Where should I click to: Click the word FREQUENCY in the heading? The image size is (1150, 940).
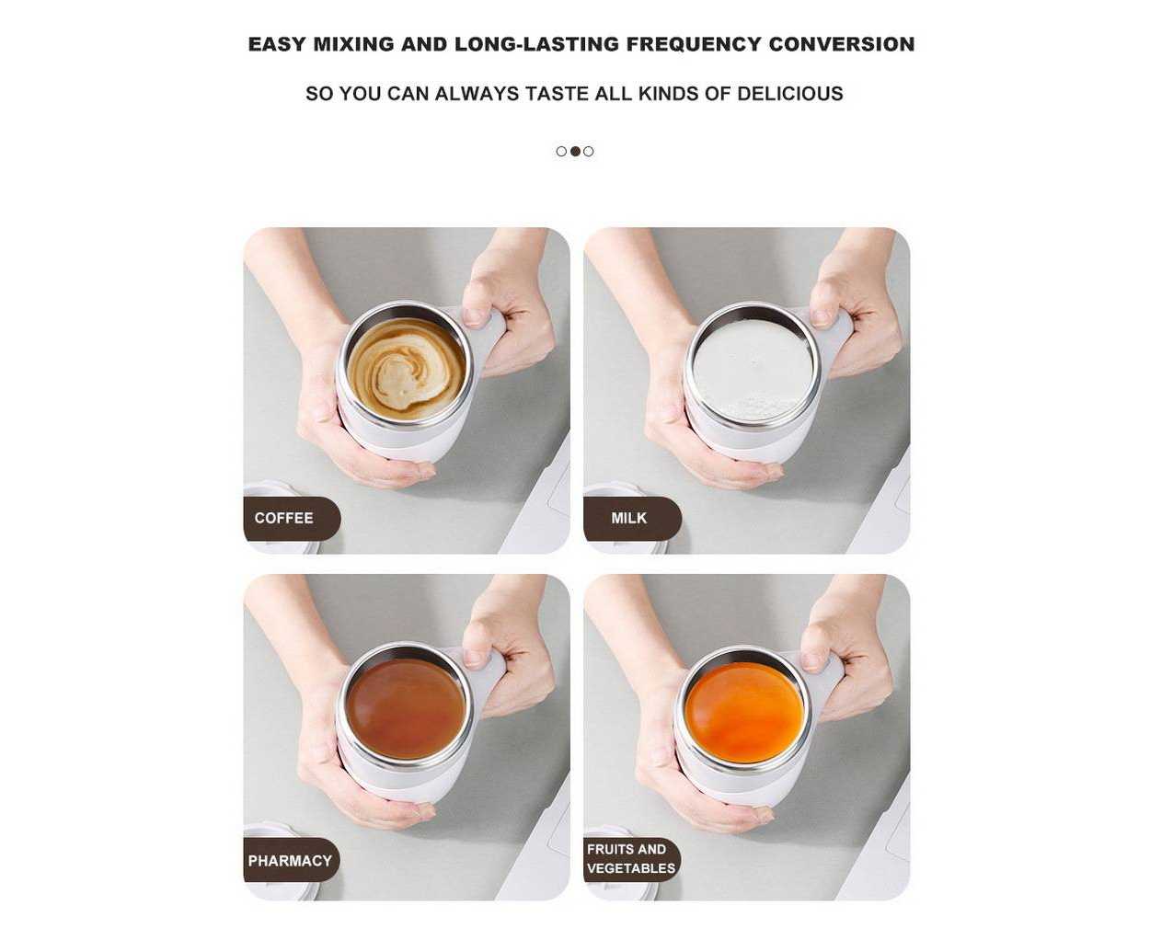[x=694, y=44]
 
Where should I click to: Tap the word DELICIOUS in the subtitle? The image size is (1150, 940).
[x=790, y=94]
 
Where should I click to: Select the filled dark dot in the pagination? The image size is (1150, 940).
[x=575, y=152]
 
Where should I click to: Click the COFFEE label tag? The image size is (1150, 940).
[x=292, y=518]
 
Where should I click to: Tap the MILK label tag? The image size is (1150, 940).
[x=633, y=518]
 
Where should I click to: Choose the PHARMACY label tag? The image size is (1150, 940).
[x=292, y=860]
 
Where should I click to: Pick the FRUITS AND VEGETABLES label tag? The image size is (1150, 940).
[x=632, y=860]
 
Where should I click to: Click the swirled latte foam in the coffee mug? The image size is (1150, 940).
[x=407, y=369]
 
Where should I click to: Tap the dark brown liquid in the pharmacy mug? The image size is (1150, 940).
[x=407, y=709]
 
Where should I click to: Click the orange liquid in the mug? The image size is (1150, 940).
[x=745, y=713]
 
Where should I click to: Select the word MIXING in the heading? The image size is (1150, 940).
[x=353, y=44]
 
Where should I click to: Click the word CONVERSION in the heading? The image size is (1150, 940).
[x=842, y=44]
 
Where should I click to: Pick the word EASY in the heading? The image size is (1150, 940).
[x=277, y=44]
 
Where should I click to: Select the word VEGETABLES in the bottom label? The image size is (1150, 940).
[x=631, y=868]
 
